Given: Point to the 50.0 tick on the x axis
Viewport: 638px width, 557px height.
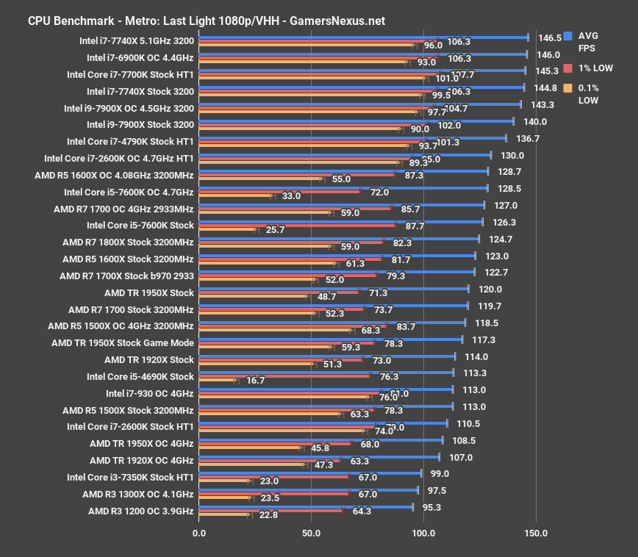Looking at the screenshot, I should [311, 533].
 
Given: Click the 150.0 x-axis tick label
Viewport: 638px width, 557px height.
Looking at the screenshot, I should [536, 533].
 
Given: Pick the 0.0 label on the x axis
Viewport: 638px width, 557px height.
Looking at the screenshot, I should [198, 533].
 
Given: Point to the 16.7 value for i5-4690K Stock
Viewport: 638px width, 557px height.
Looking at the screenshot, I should [256, 381].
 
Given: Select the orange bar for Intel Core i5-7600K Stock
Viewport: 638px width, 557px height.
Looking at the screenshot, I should [227, 230].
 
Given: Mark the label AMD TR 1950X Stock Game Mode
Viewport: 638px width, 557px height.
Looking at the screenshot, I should [123, 343].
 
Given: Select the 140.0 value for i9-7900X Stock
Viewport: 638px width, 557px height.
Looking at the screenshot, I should [535, 122].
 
